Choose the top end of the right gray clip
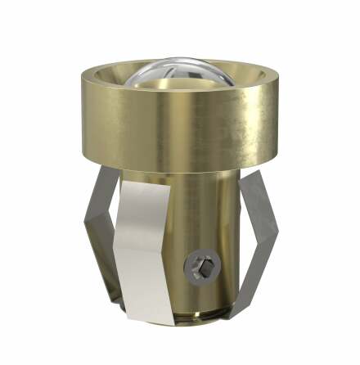[245, 173]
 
